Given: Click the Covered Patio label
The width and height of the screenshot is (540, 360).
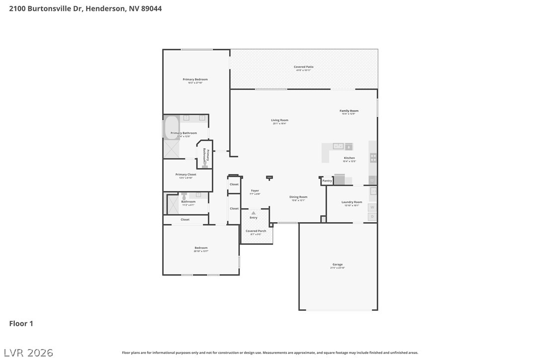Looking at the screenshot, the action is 303,67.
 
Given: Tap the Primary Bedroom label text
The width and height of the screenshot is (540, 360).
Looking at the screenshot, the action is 195,80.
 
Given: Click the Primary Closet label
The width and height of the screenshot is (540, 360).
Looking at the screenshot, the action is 185,175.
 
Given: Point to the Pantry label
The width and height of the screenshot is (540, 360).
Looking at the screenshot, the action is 327,181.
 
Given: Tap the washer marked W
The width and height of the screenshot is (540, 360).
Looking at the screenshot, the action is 372,207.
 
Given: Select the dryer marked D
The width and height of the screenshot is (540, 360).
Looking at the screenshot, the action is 372,217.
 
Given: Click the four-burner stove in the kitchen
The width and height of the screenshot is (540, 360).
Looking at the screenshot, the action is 373,158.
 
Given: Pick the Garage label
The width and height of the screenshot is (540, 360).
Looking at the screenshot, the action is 338,265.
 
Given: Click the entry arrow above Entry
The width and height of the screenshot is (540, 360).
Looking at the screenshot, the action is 254,213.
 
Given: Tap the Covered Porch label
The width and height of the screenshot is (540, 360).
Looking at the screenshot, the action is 256,231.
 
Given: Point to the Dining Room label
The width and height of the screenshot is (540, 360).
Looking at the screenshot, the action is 298,197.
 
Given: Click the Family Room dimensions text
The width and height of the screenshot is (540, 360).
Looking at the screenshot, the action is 349,114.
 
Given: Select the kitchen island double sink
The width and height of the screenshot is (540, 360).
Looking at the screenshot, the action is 338,146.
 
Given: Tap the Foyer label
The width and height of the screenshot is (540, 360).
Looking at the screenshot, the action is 255,190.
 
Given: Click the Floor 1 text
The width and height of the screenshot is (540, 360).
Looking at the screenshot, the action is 21,324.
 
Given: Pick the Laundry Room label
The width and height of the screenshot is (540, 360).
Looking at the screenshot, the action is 352,202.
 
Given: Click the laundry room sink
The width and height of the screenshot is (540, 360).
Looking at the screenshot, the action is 373,191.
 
